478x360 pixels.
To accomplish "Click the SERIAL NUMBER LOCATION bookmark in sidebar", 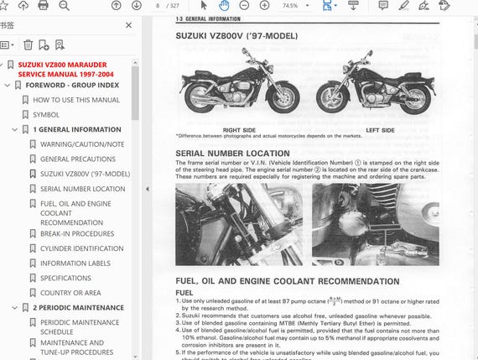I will click(x=82, y=189).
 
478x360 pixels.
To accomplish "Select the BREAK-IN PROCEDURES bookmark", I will click(x=76, y=233).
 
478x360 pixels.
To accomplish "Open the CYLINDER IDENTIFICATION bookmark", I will click(x=81, y=248).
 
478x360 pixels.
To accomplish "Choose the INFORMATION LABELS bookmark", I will click(x=75, y=263).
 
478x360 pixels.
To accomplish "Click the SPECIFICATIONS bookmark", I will click(x=65, y=278).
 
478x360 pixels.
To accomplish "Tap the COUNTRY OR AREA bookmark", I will click(x=70, y=293).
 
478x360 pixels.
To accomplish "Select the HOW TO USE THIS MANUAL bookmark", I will click(x=75, y=100).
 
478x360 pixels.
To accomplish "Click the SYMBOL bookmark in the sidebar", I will click(x=46, y=114).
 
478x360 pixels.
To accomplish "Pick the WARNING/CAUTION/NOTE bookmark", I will click(x=81, y=144).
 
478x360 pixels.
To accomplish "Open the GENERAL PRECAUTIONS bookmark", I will click(x=78, y=159).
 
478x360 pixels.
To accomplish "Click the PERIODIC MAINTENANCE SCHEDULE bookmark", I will click(x=79, y=327).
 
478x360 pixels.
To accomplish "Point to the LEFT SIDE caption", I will click(x=380, y=130).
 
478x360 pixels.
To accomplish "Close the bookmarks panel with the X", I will click(x=128, y=25).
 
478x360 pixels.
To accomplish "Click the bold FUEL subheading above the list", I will click(x=184, y=292).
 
